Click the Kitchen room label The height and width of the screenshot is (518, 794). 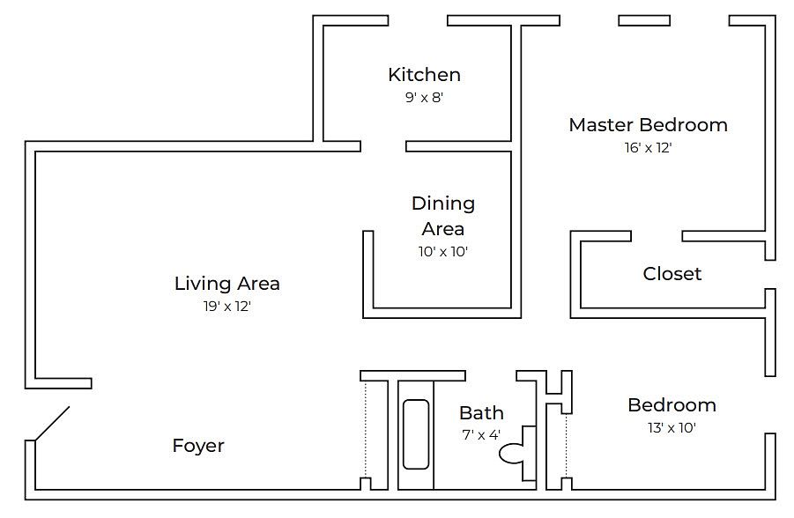tap(425, 75)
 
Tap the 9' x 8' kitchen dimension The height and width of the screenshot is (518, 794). tap(425, 97)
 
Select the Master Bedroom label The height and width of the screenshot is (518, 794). tap(649, 125)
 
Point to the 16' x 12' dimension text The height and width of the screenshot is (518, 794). tap(649, 148)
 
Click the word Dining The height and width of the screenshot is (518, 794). tap(443, 204)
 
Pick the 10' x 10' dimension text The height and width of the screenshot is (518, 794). tap(443, 252)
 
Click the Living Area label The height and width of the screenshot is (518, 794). tap(226, 284)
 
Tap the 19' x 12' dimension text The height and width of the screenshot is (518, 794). tap(227, 307)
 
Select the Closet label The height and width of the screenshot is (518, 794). tap(672, 274)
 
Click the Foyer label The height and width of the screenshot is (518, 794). tap(198, 446)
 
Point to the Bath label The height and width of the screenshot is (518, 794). tap(481, 413)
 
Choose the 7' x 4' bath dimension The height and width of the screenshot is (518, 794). tap(481, 435)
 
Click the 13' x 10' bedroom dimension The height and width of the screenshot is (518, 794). tap(672, 428)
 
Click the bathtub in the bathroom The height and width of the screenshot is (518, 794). tap(416, 434)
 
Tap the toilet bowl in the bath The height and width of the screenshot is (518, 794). tap(510, 453)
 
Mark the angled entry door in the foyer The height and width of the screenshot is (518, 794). tap(52, 424)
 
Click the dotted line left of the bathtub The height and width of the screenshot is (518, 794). tap(366, 429)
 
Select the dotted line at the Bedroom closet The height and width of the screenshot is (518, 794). tap(566, 446)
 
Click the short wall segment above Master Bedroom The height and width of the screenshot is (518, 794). tap(644, 21)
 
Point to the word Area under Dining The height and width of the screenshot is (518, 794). tap(443, 229)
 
